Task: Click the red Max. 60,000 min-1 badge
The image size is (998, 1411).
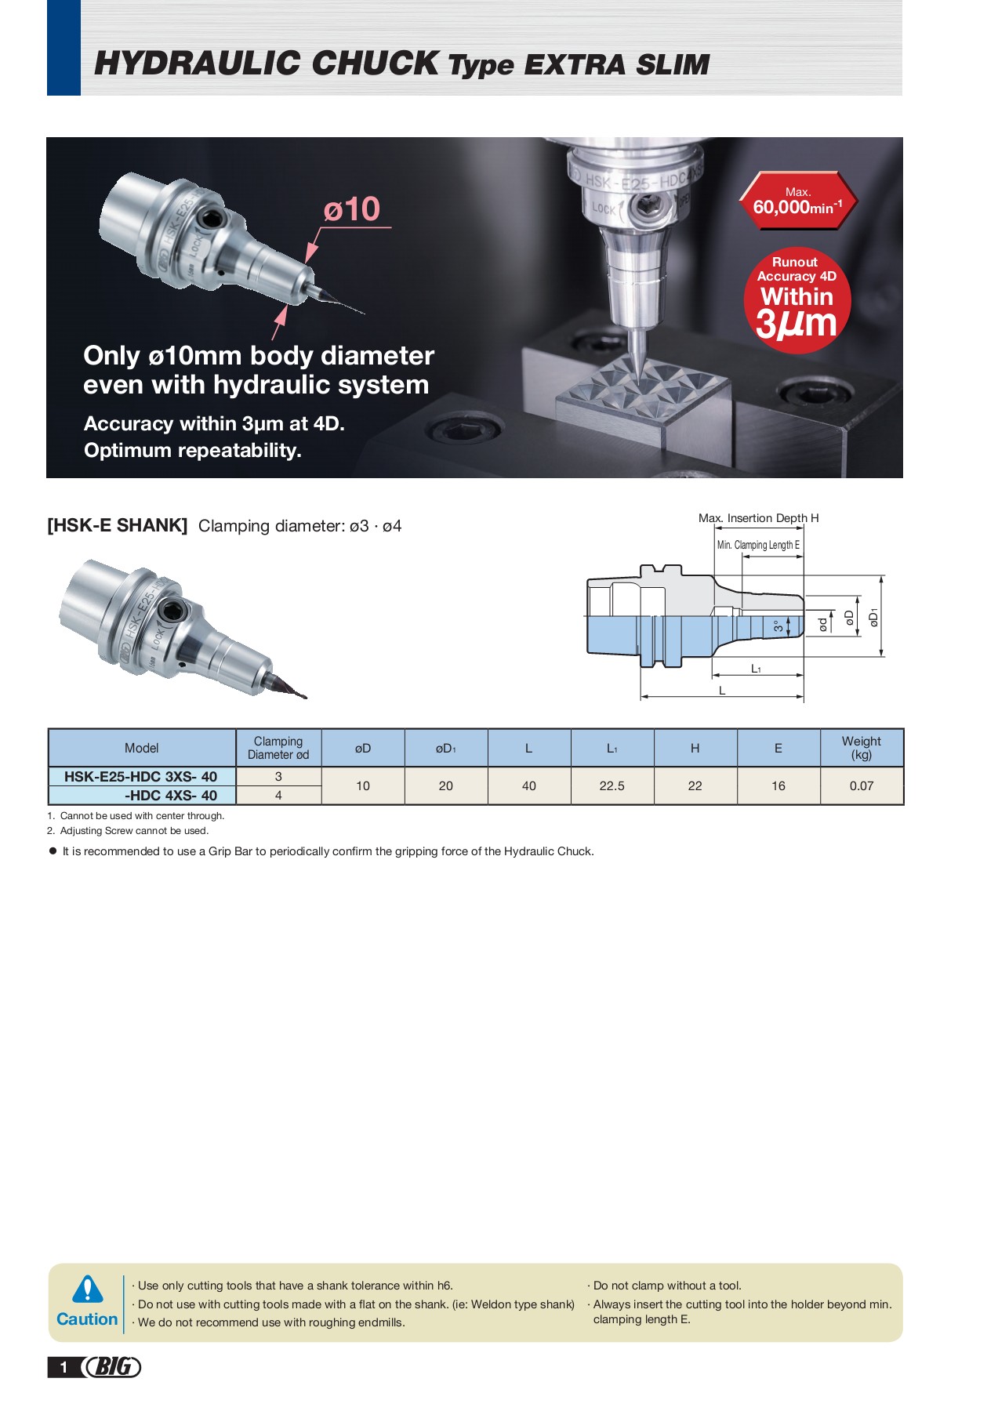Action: [x=798, y=201]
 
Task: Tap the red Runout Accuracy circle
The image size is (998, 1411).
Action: [x=797, y=300]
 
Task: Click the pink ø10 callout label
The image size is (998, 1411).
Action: [x=352, y=209]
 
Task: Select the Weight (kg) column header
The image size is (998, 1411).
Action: [x=861, y=748]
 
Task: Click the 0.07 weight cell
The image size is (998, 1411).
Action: [x=861, y=785]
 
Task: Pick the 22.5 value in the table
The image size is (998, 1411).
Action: [x=612, y=785]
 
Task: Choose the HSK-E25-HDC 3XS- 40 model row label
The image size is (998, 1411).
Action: [x=141, y=776]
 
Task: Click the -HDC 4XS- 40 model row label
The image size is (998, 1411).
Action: [x=171, y=795]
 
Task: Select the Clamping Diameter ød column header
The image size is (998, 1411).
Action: [x=278, y=748]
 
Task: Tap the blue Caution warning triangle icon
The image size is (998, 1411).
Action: [x=87, y=1289]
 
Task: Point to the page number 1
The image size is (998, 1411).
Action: [x=64, y=1368]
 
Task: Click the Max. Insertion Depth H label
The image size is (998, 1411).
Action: [x=758, y=518]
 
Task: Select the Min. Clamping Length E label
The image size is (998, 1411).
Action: [x=758, y=545]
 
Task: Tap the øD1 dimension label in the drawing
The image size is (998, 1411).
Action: [x=873, y=617]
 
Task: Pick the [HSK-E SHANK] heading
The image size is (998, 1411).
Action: [x=118, y=525]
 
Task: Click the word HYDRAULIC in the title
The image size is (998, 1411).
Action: [x=199, y=63]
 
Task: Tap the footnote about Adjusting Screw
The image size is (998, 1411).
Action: [x=128, y=831]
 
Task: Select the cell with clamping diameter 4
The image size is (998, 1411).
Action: [x=278, y=795]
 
